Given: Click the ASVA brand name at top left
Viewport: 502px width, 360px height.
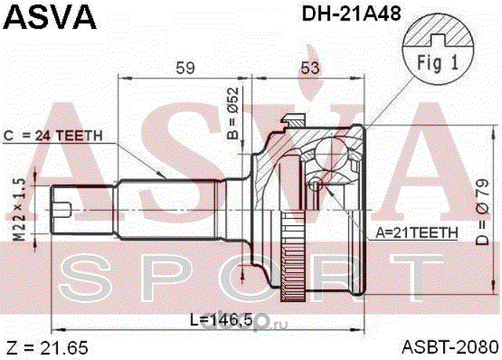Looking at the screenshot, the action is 49,17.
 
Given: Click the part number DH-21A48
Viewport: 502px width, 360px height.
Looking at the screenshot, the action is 351,14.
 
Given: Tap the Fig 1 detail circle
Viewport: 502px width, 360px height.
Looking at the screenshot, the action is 438,49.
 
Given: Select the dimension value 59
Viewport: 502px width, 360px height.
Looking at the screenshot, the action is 185,67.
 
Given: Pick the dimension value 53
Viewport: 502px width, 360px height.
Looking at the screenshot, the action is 310,67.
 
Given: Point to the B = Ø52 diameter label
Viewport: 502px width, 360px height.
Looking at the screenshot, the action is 233,113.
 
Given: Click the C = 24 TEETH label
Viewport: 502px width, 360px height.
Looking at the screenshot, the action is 53,136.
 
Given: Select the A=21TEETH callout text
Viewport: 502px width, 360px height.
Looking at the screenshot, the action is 417,233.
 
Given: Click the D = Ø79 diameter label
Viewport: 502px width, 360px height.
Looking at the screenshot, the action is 482,213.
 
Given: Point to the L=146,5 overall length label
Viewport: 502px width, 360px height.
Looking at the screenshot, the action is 221,319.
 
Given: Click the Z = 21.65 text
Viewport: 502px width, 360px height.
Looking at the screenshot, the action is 47,347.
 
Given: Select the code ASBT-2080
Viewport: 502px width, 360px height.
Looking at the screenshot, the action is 450,347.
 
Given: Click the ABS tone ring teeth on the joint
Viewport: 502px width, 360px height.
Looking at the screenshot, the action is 293,256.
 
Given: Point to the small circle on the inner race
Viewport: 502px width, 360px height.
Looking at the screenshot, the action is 315,184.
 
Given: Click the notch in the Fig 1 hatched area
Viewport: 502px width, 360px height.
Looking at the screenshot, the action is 438,40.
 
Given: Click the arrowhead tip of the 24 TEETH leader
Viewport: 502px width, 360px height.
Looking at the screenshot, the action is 166,178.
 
